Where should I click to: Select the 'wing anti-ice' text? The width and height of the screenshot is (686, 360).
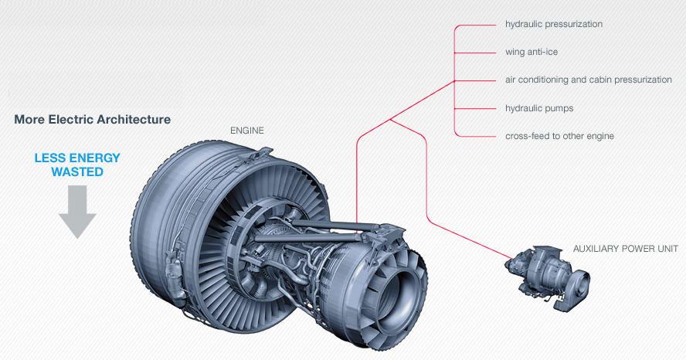click(x=531, y=53)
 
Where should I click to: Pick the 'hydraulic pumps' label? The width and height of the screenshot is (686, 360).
click(x=539, y=108)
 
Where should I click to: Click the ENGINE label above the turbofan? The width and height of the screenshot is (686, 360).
click(x=247, y=131)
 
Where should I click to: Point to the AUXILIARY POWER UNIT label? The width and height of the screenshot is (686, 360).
click(x=625, y=249)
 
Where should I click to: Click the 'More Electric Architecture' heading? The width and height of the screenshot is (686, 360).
click(x=92, y=120)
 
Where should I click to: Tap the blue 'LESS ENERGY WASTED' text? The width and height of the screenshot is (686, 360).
click(x=77, y=165)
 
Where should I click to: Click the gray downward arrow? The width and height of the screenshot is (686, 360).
click(x=77, y=212)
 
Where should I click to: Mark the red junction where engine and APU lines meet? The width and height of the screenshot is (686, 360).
click(x=392, y=120)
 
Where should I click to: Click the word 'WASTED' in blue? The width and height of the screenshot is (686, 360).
click(x=77, y=172)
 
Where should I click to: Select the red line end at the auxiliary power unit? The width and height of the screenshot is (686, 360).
click(x=511, y=258)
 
